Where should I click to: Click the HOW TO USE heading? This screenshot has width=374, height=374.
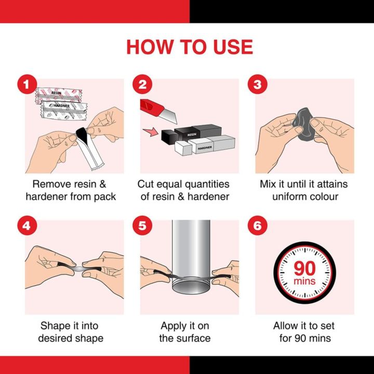(189, 47)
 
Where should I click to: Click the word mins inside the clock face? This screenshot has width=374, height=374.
(305, 282)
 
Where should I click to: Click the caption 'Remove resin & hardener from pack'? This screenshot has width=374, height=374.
(74, 190)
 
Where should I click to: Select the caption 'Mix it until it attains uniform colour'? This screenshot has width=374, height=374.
(304, 190)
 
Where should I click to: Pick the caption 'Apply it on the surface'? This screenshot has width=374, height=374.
(185, 332)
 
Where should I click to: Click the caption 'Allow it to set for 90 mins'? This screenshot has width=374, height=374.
(304, 332)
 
